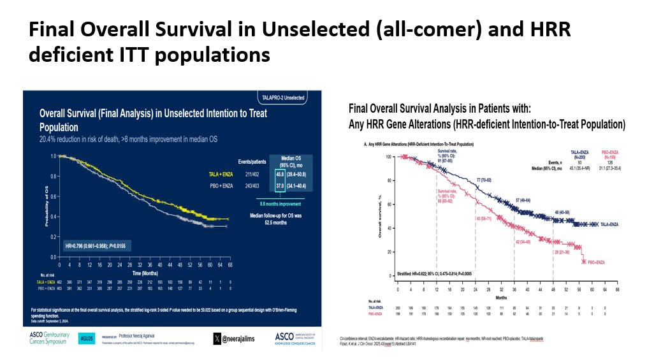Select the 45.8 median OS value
pos(279,174)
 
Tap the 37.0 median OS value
pos(279,186)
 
